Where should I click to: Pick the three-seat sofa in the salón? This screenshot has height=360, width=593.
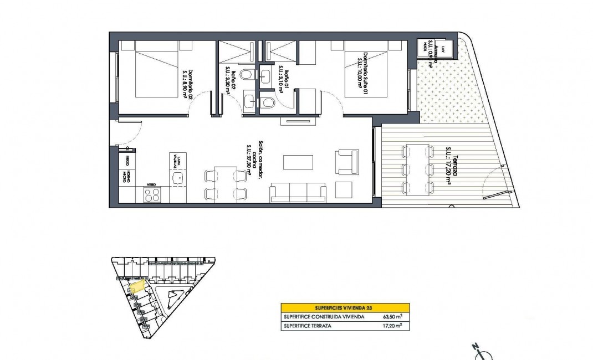[x=298, y=192]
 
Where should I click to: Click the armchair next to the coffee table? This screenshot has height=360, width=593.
[x=344, y=161]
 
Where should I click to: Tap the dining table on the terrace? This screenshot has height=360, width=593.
[x=418, y=168]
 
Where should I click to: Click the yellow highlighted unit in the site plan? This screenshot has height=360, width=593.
[x=136, y=286]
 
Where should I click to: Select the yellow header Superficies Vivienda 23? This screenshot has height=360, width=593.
[x=345, y=307]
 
